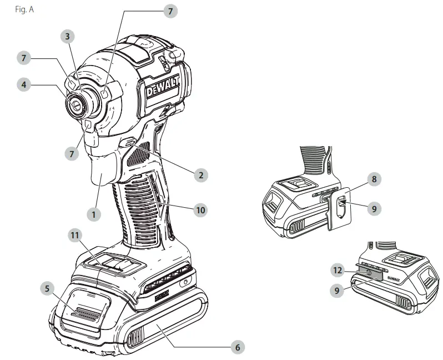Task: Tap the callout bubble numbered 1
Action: click(x=94, y=213)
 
